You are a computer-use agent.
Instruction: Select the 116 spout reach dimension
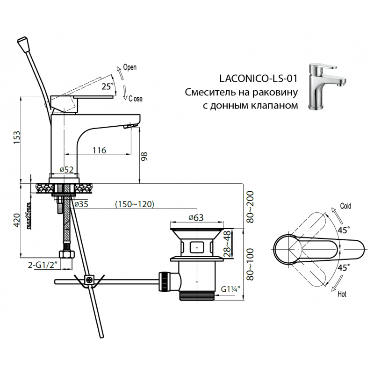99,150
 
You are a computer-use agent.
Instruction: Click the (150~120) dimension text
135,204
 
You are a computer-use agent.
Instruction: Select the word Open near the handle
129,67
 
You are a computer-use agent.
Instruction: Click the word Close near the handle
135,99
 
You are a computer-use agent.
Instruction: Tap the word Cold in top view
345,206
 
